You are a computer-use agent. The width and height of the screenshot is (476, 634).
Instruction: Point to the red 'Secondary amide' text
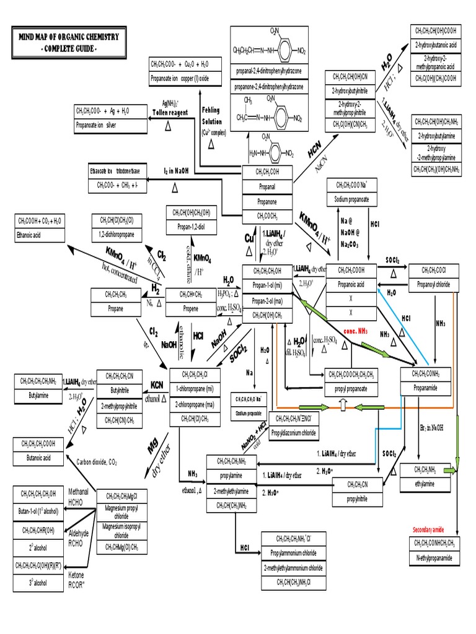point(433,529)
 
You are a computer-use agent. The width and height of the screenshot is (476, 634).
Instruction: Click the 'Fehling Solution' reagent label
point(211,116)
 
